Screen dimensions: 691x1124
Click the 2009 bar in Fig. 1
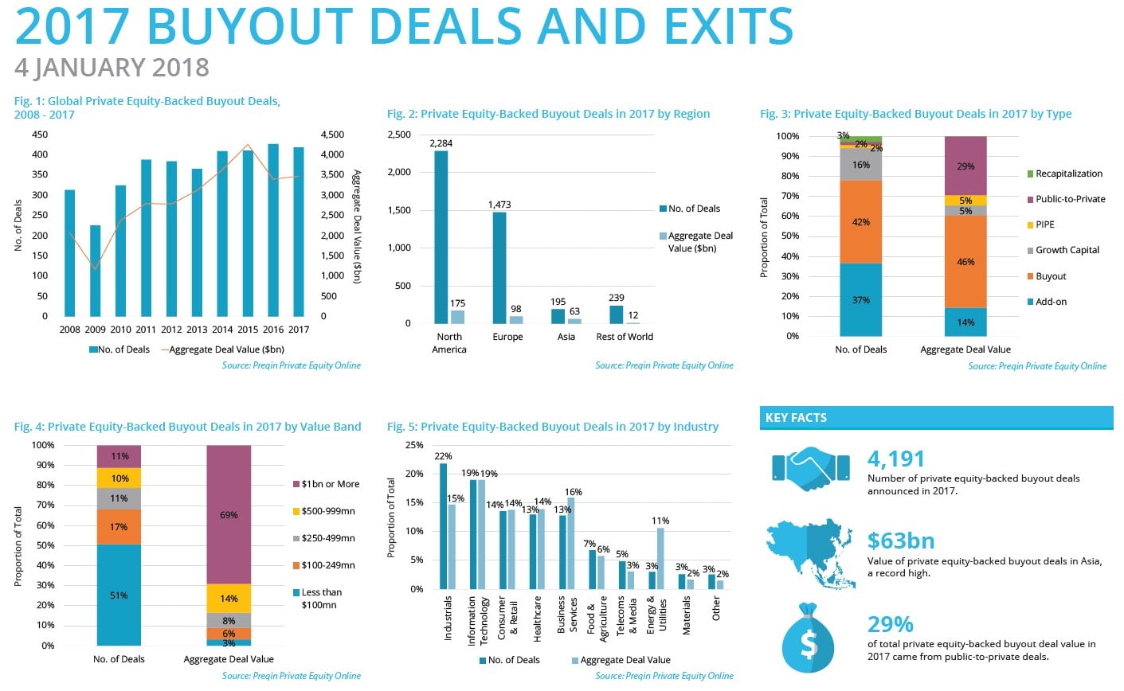click(x=95, y=271)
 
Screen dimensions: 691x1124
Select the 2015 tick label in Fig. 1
click(x=248, y=330)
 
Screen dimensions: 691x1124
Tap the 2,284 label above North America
click(x=441, y=143)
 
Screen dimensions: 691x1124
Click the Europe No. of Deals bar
click(x=499, y=267)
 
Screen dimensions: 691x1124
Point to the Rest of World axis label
click(x=625, y=337)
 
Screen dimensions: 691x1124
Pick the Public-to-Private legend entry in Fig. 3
click(x=1070, y=199)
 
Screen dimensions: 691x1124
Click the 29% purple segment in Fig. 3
click(x=965, y=166)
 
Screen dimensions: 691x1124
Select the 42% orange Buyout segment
click(x=860, y=222)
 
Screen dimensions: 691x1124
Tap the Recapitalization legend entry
click(x=1068, y=174)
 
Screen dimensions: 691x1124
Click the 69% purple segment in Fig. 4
click(x=229, y=514)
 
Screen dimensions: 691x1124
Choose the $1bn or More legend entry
click(x=329, y=484)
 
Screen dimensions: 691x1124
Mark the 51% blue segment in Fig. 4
click(x=119, y=595)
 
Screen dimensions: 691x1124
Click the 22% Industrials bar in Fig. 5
click(x=444, y=526)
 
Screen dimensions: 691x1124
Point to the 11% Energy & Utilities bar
click(x=660, y=558)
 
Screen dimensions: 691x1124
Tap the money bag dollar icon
click(x=808, y=639)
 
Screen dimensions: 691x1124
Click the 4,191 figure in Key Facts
click(x=896, y=459)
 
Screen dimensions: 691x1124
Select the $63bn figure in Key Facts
click(x=900, y=541)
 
